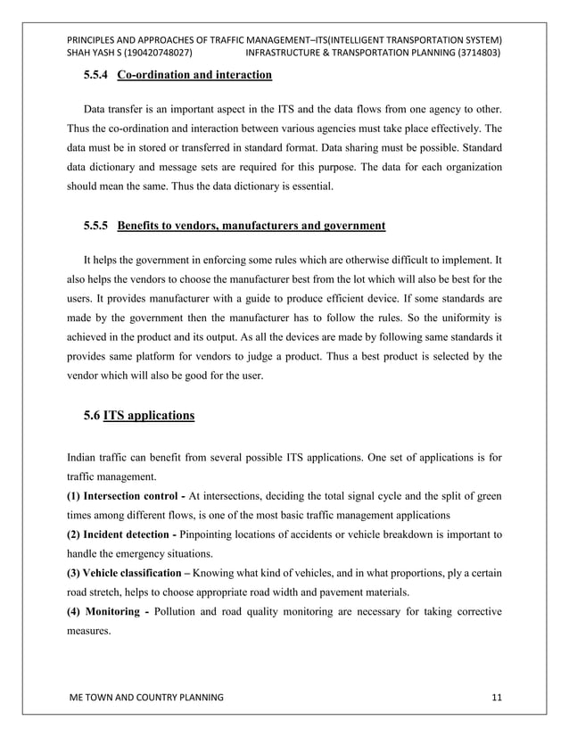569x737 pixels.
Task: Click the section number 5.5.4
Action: point(96,74)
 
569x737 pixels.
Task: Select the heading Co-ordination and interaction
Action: point(191,74)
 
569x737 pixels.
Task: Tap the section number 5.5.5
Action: point(96,226)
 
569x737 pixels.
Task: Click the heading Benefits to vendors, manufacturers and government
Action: point(252,226)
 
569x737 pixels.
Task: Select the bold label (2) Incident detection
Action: point(121,534)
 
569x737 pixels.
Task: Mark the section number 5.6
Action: point(92,415)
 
